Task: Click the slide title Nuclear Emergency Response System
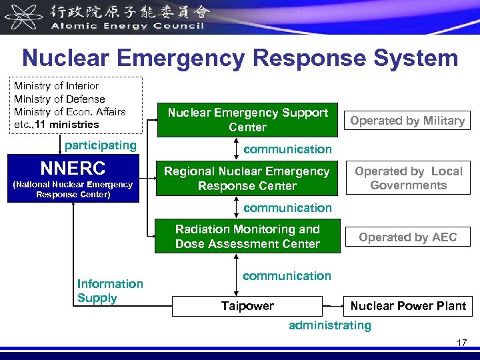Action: click(240, 58)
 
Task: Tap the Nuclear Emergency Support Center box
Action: click(247, 120)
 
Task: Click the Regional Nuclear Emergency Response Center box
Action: click(247, 179)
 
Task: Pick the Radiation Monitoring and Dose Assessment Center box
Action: click(247, 236)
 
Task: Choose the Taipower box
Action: click(247, 306)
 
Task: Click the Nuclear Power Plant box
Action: click(408, 306)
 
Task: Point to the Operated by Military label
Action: click(407, 121)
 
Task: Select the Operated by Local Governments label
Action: click(408, 178)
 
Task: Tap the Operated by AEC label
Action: click(407, 237)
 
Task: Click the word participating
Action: click(100, 145)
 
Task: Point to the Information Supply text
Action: click(110, 291)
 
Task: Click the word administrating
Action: click(329, 325)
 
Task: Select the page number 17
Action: click(461, 343)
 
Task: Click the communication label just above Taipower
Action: click(287, 275)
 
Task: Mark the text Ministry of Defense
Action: click(59, 99)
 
